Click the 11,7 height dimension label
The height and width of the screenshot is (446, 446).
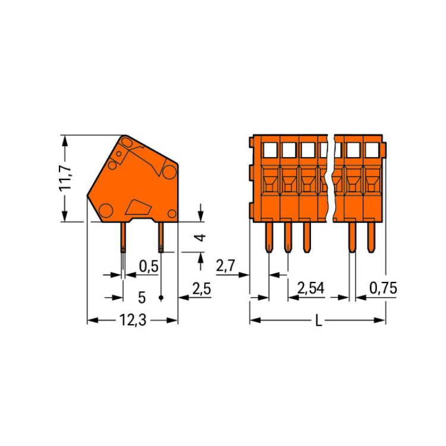65,178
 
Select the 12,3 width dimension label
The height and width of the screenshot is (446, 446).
133,321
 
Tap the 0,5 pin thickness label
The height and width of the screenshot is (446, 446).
149,266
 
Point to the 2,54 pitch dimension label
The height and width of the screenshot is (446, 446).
310,288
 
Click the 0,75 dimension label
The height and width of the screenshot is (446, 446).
383,288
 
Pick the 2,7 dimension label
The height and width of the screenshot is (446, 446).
225,266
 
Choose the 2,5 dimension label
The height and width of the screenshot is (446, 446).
202,289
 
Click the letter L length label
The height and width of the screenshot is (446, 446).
319,321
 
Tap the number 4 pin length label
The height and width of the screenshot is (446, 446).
201,237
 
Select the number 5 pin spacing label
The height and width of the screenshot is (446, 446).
142,298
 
